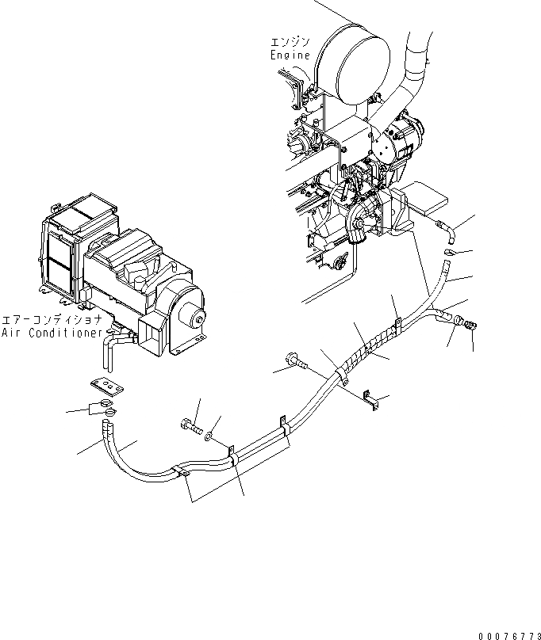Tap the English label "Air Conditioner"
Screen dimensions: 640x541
52,333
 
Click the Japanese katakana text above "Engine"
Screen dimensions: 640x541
287,42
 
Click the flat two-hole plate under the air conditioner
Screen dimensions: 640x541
106,386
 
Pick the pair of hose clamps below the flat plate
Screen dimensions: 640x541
102,410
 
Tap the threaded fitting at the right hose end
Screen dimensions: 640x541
470,324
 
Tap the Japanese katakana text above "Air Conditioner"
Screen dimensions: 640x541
52,320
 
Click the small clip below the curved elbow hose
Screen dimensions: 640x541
451,253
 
